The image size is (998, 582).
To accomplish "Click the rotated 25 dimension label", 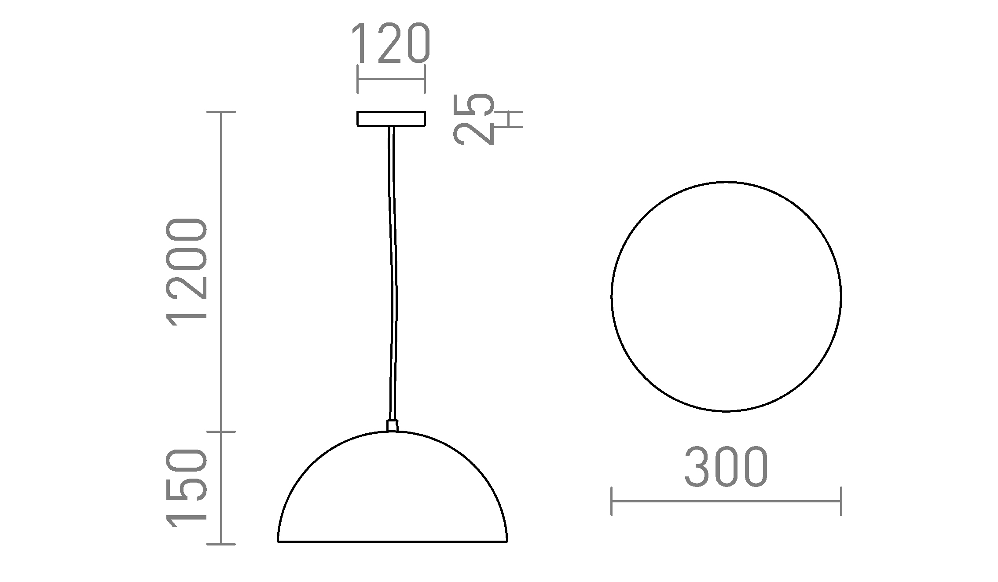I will point(473,119).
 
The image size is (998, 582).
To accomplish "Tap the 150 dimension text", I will point(186,488).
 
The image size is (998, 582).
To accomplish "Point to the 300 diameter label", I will point(726,467).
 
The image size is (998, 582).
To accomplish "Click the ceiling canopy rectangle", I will point(391,119).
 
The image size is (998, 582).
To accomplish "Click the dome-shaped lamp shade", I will point(392,493).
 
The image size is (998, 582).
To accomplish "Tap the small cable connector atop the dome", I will point(392,425).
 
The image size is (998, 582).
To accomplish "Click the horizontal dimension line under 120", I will point(391,79).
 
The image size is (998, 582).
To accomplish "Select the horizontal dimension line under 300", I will point(726,501).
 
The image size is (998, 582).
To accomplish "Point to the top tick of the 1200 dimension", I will point(221,112).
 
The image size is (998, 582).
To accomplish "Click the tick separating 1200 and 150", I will point(221,432).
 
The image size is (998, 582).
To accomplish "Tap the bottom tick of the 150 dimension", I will point(221,545).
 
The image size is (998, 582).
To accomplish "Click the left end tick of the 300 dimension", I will point(612,501).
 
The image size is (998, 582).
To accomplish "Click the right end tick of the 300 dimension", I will point(841,501).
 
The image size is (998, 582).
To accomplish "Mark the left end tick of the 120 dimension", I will point(358,79).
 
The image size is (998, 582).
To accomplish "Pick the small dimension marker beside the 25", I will point(510,119).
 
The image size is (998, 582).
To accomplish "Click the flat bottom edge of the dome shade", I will point(392,541).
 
